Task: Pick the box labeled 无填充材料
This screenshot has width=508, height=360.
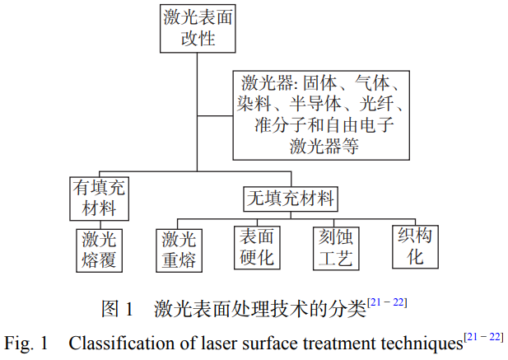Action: [x=292, y=199]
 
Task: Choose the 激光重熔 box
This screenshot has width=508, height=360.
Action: [x=179, y=250]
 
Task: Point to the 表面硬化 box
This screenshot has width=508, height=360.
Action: [x=256, y=246]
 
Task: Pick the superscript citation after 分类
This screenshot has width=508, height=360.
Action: [x=387, y=303]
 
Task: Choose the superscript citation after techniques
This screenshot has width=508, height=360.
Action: [x=483, y=336]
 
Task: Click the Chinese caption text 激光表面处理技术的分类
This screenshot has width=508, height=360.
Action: [x=259, y=309]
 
